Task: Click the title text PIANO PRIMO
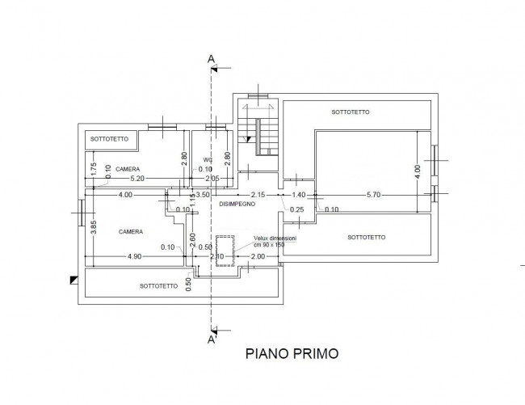291,353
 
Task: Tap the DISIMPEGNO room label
237,205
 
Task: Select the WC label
208,159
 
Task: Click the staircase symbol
258,133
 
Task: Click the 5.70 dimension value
374,195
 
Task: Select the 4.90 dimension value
134,256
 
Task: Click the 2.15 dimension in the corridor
258,195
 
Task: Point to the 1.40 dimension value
299,195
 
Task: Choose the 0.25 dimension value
297,210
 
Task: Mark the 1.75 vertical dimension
94,169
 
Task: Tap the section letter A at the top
211,59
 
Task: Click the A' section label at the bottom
212,340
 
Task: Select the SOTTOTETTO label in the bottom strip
158,285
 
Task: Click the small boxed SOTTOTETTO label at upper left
110,139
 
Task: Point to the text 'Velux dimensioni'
275,239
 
